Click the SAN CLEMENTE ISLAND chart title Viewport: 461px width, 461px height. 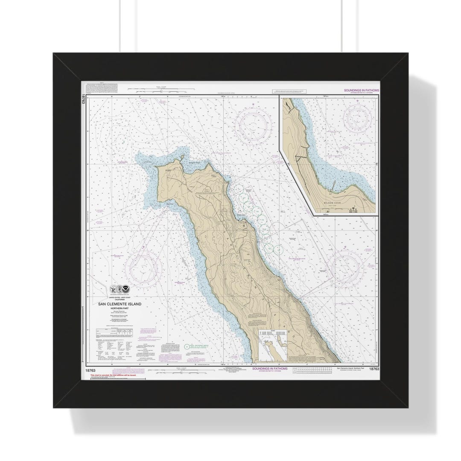117,304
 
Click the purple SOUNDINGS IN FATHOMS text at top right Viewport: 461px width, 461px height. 361,90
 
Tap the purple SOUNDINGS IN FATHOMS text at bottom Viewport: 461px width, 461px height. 270,368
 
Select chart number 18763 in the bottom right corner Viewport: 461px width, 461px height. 373,368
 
